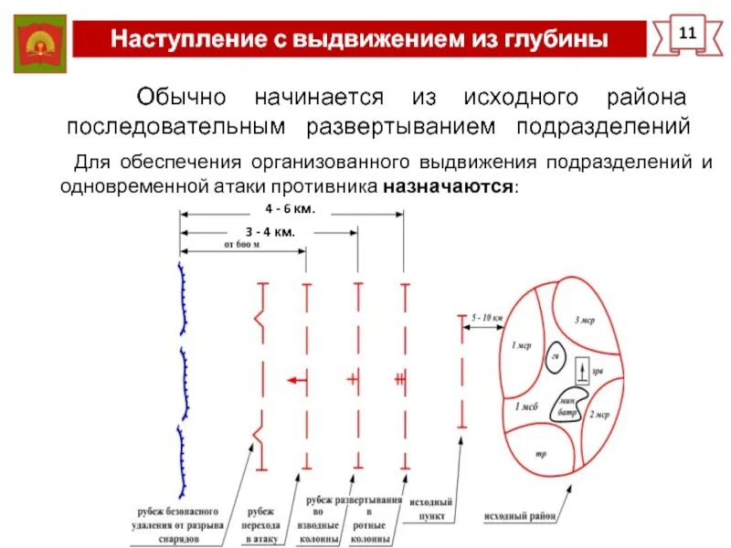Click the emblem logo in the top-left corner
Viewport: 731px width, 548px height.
point(41,43)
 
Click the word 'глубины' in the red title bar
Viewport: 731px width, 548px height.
point(555,40)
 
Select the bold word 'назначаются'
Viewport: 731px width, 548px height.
point(450,186)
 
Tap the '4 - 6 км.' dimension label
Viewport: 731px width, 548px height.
point(290,209)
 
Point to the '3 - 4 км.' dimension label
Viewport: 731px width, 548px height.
point(270,232)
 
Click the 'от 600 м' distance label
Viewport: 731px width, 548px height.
point(242,245)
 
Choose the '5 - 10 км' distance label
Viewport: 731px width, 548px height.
point(487,317)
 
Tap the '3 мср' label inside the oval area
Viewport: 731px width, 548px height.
point(585,321)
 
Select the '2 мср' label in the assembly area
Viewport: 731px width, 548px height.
point(599,415)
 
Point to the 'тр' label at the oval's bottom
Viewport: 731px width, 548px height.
point(540,453)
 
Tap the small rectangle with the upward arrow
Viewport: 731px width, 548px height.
point(581,371)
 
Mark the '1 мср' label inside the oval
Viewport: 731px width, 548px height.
point(521,345)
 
